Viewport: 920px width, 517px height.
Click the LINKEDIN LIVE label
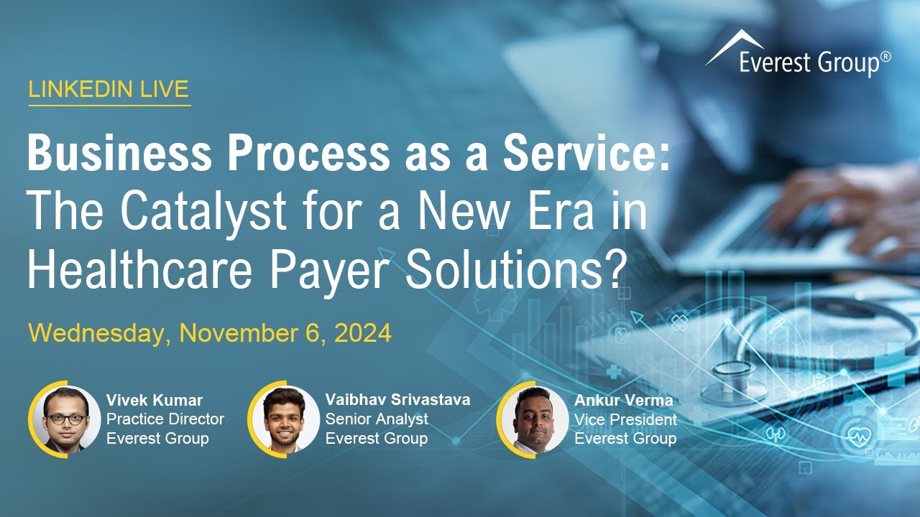pyautogui.click(x=109, y=89)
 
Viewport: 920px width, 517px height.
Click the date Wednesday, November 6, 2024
pyautogui.click(x=209, y=334)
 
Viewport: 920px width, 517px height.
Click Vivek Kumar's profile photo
pyautogui.click(x=65, y=420)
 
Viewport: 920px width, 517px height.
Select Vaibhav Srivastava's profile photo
pyautogui.click(x=285, y=420)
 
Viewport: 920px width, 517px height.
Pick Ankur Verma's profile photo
pyautogui.click(x=533, y=420)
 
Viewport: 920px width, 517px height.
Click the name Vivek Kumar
pyautogui.click(x=155, y=400)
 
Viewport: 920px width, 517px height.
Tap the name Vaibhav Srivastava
pyautogui.click(x=397, y=400)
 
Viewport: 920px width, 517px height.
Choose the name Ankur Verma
pyautogui.click(x=623, y=400)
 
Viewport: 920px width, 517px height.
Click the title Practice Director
pyautogui.click(x=165, y=419)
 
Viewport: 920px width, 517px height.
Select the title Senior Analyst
pyautogui.click(x=377, y=419)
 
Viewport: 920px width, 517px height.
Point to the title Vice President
pyautogui.click(x=625, y=419)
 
